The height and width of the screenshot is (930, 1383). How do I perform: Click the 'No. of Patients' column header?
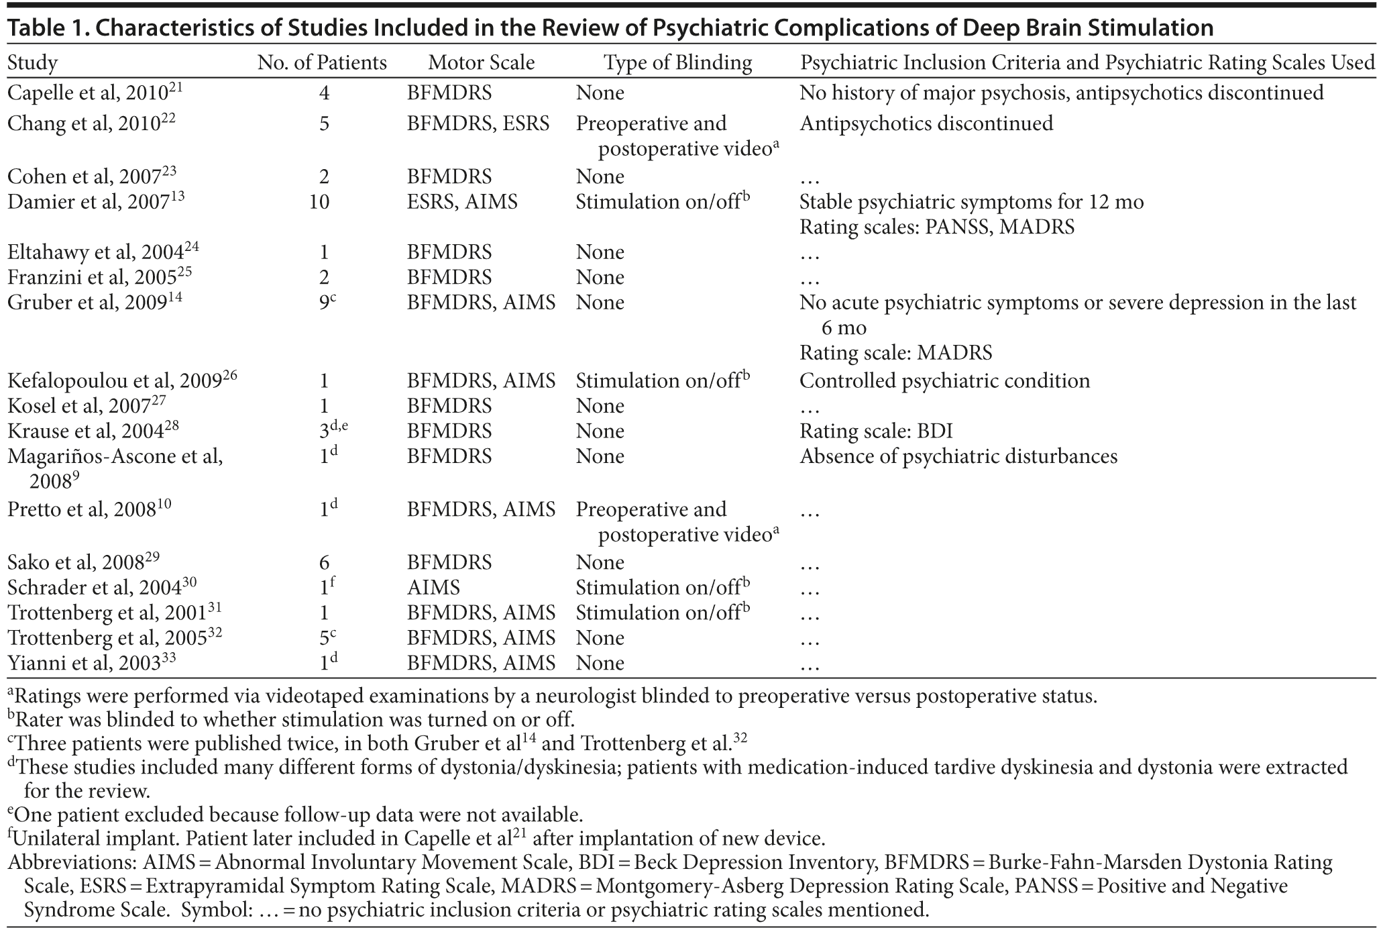tap(322, 63)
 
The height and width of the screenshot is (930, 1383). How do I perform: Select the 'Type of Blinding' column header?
tap(677, 63)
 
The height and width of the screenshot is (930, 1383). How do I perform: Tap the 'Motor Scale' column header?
tap(481, 63)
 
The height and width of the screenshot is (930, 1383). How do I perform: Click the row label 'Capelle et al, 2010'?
tap(94, 93)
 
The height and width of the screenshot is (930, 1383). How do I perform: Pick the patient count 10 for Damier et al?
tap(319, 202)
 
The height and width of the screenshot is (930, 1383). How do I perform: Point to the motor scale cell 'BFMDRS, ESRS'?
tap(478, 123)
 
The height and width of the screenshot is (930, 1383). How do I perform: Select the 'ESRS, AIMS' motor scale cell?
tap(462, 202)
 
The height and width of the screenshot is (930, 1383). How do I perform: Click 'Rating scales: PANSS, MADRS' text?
tap(936, 227)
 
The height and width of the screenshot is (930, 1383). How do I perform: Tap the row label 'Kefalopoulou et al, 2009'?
tap(121, 381)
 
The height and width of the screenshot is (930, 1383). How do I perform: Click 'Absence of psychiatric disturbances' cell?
tap(958, 457)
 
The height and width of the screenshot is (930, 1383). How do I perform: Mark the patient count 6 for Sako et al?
tap(324, 563)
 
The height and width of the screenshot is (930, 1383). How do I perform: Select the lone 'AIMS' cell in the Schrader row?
tap(433, 588)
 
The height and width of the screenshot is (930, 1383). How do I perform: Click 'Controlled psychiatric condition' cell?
tap(944, 381)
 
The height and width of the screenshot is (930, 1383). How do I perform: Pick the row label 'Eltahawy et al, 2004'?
tap(103, 252)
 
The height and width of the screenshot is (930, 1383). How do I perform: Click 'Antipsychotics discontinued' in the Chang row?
tap(926, 123)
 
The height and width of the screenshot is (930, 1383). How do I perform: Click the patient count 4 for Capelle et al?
tap(324, 93)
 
